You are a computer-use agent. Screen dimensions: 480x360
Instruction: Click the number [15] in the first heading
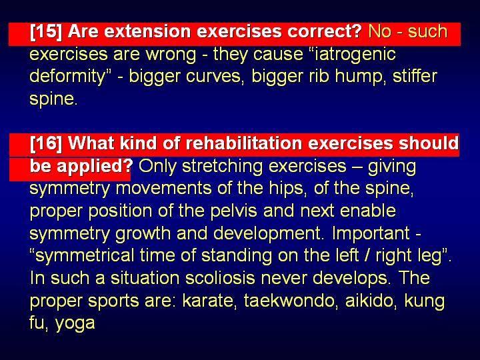tap(46, 31)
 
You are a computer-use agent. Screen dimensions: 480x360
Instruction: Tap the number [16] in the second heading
tap(46, 143)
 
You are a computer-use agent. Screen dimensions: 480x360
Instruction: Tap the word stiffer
tap(415, 76)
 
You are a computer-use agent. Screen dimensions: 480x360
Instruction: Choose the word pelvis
tap(234, 211)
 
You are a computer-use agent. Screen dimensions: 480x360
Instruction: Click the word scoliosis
tap(220, 278)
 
